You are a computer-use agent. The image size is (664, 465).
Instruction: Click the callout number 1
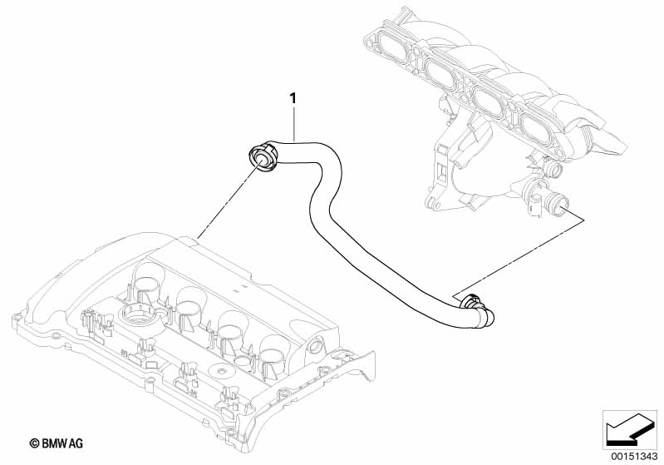click(x=293, y=99)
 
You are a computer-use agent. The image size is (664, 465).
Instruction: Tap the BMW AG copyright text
click(x=57, y=443)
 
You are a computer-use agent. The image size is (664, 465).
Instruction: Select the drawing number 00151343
click(x=634, y=457)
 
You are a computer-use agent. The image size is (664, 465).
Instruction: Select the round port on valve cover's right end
click(x=315, y=345)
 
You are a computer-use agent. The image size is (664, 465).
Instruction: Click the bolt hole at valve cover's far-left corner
click(x=17, y=317)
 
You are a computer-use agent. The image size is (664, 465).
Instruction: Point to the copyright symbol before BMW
click(x=35, y=444)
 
